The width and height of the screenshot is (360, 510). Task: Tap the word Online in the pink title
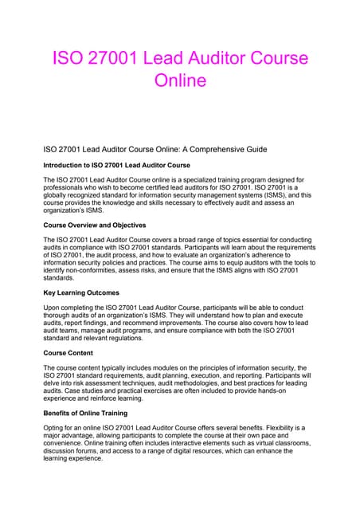[x=179, y=80]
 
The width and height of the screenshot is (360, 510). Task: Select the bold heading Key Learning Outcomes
[x=83, y=292]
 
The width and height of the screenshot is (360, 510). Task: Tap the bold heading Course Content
[x=70, y=351]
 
